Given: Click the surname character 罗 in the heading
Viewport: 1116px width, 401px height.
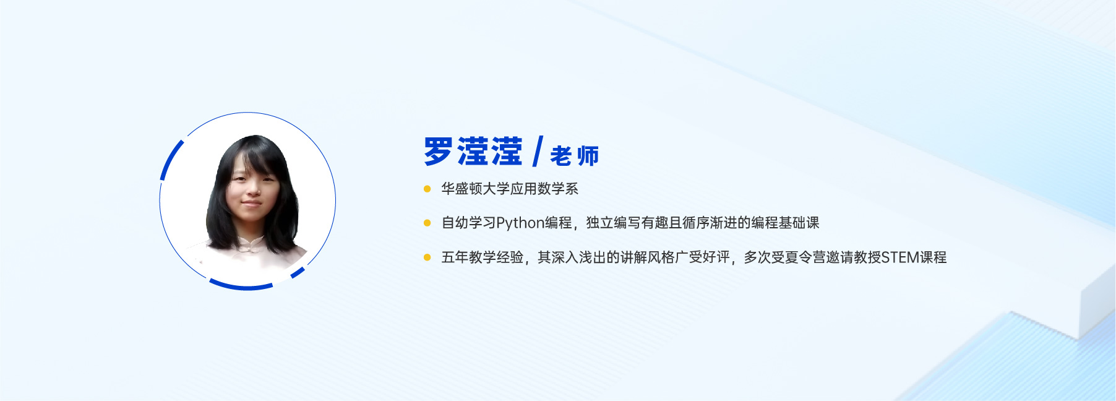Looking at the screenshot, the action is tap(439, 152).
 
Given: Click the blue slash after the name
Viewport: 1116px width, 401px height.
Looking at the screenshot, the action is tap(537, 152).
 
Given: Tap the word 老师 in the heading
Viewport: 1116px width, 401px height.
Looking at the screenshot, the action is tap(574, 156).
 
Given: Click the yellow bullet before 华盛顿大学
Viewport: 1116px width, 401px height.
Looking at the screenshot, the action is tap(427, 189).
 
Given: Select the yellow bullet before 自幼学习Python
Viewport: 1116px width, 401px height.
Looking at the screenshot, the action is tap(427, 223).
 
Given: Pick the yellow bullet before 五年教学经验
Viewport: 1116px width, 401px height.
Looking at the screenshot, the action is tap(427, 257).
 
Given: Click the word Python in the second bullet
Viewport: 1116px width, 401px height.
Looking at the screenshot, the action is tap(520, 223).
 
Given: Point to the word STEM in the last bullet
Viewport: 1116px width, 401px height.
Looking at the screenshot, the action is tap(900, 257).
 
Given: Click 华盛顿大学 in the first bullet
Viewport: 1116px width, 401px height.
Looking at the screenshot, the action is tap(475, 189).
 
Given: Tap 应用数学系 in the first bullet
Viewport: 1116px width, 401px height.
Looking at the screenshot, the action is tap(544, 189).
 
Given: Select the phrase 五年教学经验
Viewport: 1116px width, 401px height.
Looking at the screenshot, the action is tap(482, 257).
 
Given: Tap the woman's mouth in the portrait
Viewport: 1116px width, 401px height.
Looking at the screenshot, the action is tap(251, 203).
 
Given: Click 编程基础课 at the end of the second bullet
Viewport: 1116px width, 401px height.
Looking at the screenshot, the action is tap(785, 223).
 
